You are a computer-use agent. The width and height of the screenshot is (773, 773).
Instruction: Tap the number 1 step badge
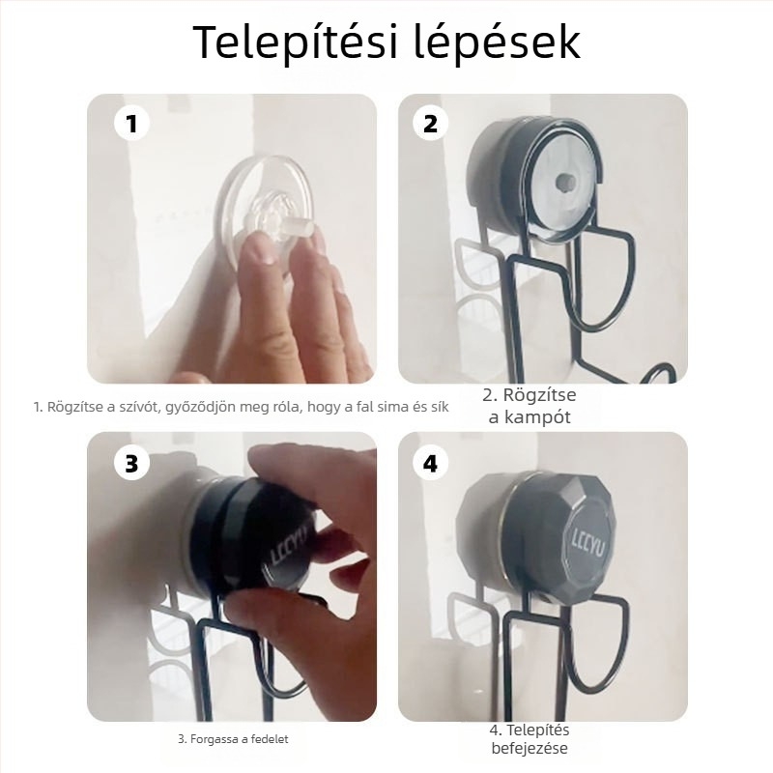132,125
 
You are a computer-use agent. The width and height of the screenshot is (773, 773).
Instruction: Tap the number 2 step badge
430,125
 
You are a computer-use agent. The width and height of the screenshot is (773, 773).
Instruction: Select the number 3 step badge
132,463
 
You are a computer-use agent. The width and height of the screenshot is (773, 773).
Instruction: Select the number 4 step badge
430,463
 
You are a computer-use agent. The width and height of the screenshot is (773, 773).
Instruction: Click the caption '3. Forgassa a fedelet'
232,739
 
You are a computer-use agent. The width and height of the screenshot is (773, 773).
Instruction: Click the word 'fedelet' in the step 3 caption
269,739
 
